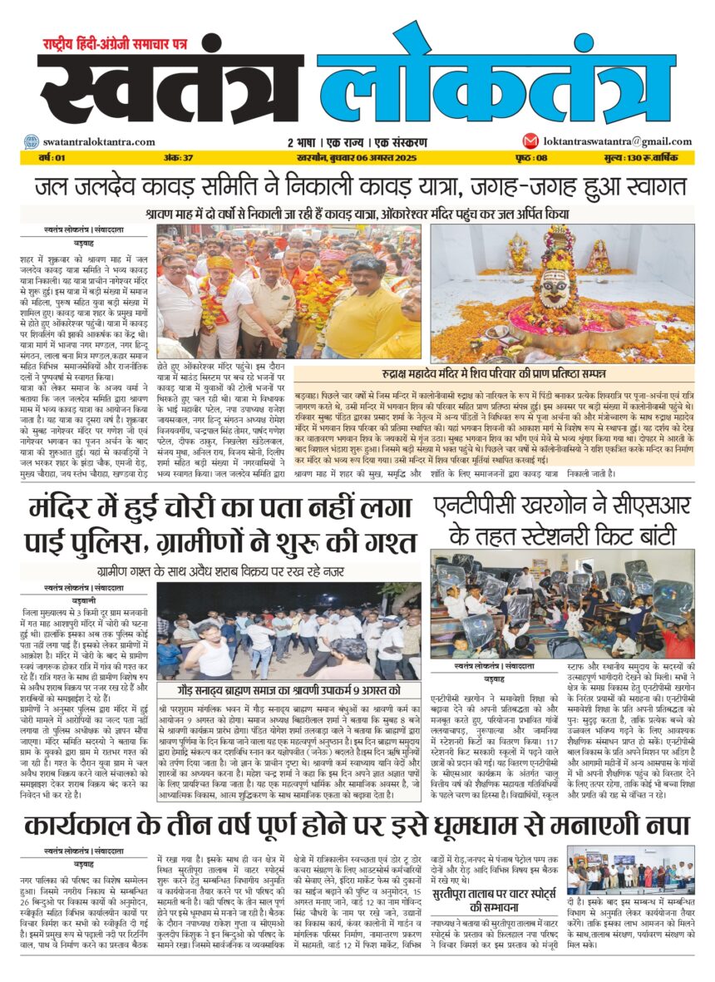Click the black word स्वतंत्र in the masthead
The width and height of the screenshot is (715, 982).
coord(170,91)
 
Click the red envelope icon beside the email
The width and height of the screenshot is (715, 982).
coord(530,141)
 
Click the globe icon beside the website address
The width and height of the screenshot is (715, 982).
coord(31,142)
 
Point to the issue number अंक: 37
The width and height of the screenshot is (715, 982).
coord(178,157)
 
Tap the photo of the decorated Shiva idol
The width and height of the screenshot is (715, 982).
coord(563,291)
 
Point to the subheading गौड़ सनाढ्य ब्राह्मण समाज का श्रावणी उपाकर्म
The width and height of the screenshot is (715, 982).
coord(288,690)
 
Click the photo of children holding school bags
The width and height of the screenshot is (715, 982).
coord(563,603)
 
